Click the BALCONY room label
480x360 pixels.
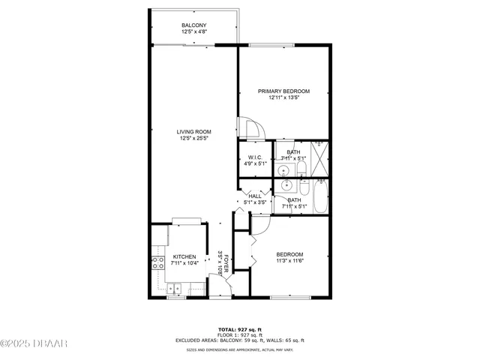[193, 25]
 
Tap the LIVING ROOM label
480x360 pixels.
[193, 131]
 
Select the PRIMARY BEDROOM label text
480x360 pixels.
[283, 91]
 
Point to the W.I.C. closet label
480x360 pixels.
[254, 157]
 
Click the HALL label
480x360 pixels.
[255, 196]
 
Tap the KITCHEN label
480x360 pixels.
[184, 256]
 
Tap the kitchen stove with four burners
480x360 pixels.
[158, 263]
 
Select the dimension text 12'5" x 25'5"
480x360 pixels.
[193, 138]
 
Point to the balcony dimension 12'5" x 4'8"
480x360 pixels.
[193, 32]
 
